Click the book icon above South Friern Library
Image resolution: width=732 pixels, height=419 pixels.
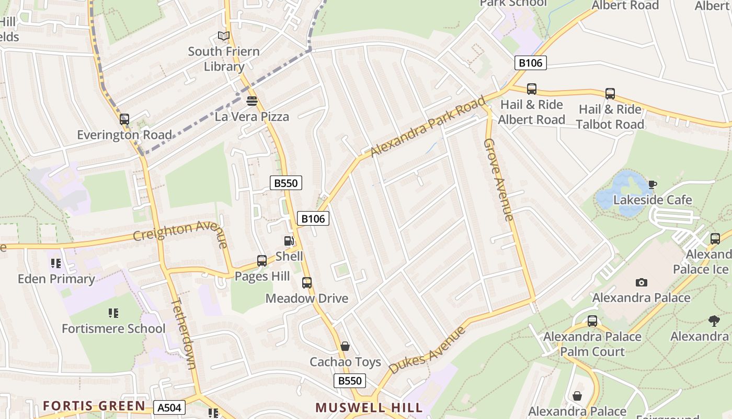pyautogui.click(x=224, y=36)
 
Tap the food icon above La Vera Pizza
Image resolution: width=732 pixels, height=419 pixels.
pyautogui.click(x=252, y=101)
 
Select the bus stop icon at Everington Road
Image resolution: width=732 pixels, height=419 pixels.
pyautogui.click(x=124, y=119)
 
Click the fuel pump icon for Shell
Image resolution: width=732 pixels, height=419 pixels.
pyautogui.click(x=289, y=241)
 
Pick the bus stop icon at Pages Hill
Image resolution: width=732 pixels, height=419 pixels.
pyautogui.click(x=262, y=260)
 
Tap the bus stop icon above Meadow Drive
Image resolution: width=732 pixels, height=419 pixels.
pyautogui.click(x=307, y=283)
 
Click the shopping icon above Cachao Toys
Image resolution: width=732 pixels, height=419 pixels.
pyautogui.click(x=345, y=346)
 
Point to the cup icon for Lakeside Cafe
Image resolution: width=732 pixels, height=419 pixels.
pyautogui.click(x=652, y=184)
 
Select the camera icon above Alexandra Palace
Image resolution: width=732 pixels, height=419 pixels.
pyautogui.click(x=642, y=282)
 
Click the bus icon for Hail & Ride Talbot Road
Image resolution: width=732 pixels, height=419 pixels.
pyautogui.click(x=610, y=94)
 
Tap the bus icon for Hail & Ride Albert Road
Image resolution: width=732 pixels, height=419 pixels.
pyautogui.click(x=532, y=89)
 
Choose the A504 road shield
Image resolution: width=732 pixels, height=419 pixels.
pyautogui.click(x=170, y=407)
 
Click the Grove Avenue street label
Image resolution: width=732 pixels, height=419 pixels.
pyautogui.click(x=499, y=179)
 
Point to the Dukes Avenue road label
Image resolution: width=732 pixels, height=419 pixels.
pyautogui.click(x=427, y=350)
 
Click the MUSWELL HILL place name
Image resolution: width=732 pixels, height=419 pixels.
pyautogui.click(x=369, y=407)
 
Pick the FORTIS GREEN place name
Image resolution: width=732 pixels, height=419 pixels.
pyautogui.click(x=94, y=406)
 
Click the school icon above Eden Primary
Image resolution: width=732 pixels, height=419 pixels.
pyautogui.click(x=56, y=263)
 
